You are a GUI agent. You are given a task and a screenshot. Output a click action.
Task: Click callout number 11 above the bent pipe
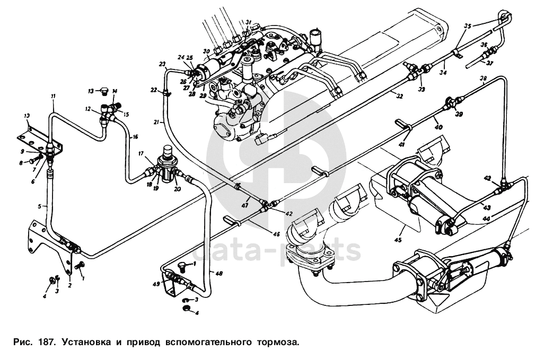[x=53, y=95]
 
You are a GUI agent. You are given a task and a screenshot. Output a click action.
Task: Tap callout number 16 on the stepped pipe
[x=136, y=136]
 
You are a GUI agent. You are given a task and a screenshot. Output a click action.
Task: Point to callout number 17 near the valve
[x=142, y=153]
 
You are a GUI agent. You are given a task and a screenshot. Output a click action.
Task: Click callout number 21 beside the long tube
[x=156, y=122]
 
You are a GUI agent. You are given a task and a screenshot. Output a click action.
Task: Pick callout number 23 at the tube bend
[x=162, y=64]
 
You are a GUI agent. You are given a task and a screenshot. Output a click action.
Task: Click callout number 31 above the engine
[x=248, y=22]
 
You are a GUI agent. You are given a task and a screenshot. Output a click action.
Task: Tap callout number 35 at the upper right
[x=468, y=25]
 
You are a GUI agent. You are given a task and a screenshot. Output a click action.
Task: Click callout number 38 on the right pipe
[x=483, y=79]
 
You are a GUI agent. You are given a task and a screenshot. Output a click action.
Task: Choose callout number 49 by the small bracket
[x=156, y=284]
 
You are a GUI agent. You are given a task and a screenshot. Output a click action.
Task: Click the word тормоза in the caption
[x=279, y=342]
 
